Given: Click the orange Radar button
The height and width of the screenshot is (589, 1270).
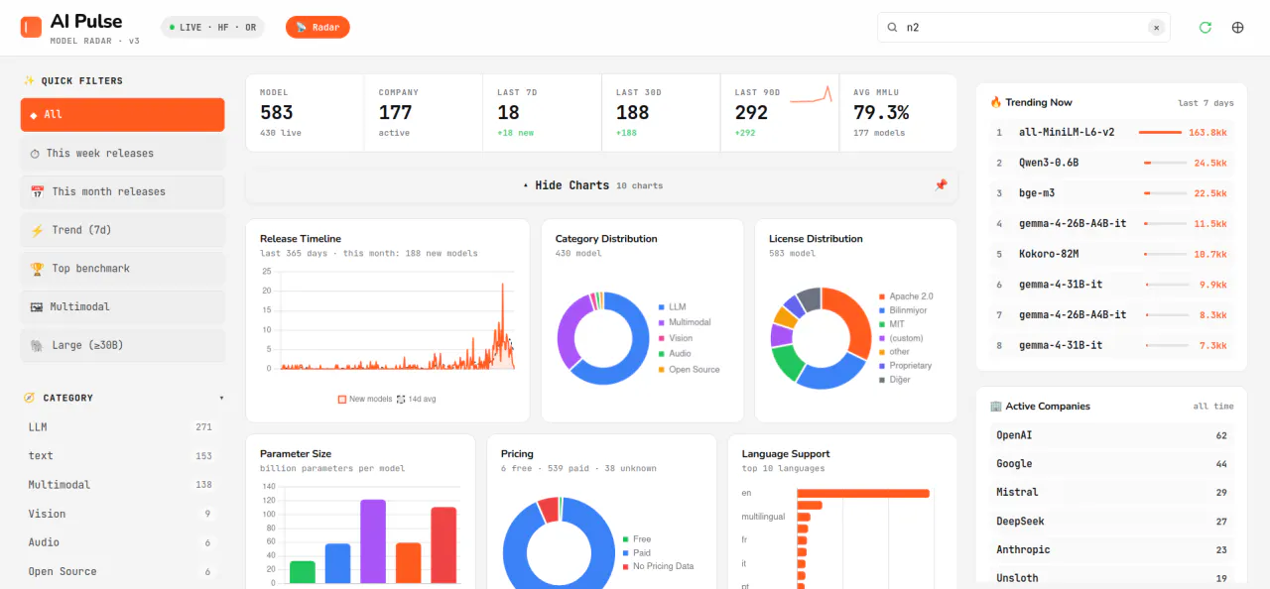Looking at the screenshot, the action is pos(317,27).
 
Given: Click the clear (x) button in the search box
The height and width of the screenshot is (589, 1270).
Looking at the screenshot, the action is pos(1156,27).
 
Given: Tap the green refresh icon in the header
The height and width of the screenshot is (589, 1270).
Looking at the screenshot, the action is pos(1206,27).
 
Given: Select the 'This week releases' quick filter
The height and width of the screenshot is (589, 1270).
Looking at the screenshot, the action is pos(122,154).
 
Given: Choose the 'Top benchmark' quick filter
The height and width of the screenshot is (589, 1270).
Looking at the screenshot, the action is pos(122,269).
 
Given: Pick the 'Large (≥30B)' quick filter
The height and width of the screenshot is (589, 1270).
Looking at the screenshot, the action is pos(122,345).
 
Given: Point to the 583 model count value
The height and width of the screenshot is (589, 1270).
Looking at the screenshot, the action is pos(277,113).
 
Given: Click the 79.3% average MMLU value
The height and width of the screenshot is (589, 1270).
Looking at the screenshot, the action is pos(881,113).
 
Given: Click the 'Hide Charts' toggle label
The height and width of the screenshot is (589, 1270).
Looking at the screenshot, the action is pos(571,185).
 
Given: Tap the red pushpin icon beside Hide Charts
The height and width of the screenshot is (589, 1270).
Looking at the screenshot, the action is pos(942,185).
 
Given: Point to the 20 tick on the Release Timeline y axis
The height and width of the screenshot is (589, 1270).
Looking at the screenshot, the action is pos(267,291).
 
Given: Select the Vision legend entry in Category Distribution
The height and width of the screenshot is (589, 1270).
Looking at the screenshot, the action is pos(676,338).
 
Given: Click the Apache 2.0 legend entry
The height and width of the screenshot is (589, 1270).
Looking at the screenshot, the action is pos(906,296).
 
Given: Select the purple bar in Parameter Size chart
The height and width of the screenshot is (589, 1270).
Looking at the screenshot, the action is pos(373,540).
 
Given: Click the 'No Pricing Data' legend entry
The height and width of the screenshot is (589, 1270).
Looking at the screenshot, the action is pos(658,566).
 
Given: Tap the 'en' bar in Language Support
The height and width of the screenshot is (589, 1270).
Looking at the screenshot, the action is pos(863,493).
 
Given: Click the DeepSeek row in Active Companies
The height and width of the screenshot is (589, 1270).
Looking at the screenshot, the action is pos(1111,521).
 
